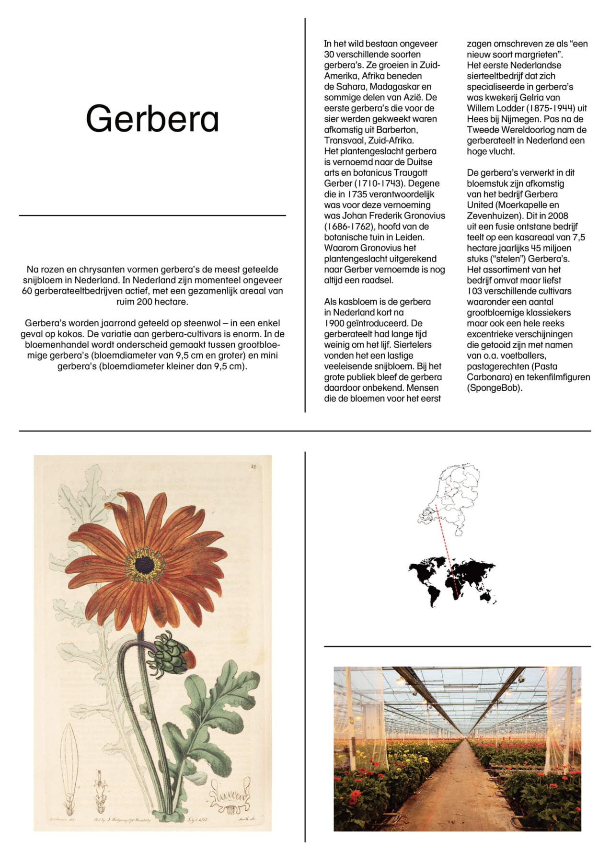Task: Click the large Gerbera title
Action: point(152,119)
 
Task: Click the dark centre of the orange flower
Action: point(144,565)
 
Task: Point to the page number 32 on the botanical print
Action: point(253,466)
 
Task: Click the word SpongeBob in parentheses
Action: point(495,388)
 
